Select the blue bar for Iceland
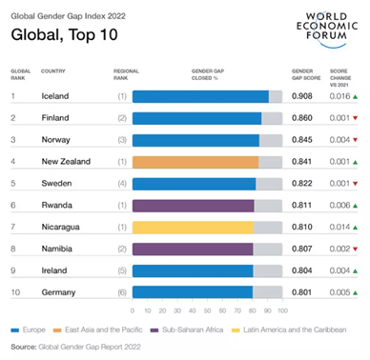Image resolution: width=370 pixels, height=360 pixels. tap(200, 96)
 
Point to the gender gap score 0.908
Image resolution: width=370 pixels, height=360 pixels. tap(302, 96)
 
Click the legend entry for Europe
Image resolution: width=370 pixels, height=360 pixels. tap(28, 331)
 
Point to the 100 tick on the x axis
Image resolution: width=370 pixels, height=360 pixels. tap(282, 311)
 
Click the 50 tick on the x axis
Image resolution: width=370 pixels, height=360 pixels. tap(207, 311)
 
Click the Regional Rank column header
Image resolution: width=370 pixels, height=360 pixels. tap(126, 74)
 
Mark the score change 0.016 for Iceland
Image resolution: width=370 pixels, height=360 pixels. tap(341, 96)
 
